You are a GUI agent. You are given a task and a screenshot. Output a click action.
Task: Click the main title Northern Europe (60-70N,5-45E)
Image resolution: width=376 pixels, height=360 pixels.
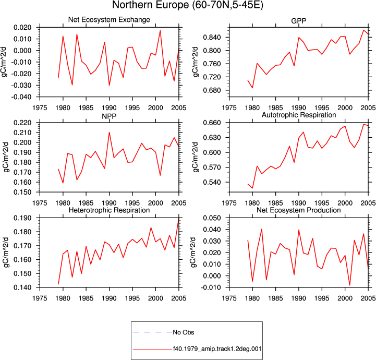click(188, 5)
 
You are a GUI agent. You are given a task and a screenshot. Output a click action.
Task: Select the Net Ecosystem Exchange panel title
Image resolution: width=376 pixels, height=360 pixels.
click(109, 20)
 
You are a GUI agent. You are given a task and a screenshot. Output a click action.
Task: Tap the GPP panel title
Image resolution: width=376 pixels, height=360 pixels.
click(298, 21)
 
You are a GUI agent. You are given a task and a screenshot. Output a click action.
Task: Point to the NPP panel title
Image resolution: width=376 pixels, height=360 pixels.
click(109, 116)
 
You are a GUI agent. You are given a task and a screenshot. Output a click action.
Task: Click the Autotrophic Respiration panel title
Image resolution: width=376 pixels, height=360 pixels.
click(299, 115)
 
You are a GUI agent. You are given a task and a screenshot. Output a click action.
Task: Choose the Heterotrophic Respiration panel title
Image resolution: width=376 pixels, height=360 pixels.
click(109, 210)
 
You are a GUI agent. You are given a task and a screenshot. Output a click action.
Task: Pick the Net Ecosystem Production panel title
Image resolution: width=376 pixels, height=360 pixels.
click(299, 210)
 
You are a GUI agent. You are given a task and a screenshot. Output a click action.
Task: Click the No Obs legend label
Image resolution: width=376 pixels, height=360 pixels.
click(184, 332)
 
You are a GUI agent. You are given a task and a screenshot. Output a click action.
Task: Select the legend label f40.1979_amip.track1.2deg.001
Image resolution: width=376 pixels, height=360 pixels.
click(217, 349)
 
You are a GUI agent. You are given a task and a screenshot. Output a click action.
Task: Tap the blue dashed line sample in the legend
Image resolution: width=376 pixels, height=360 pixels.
click(152, 332)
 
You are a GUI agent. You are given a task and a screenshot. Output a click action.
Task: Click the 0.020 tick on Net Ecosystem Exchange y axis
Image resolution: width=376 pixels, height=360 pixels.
click(22, 27)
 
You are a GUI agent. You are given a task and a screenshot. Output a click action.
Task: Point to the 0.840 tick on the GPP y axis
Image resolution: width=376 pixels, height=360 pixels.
click(212, 37)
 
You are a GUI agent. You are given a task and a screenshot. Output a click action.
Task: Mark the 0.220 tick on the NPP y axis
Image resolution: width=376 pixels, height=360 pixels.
click(22, 123)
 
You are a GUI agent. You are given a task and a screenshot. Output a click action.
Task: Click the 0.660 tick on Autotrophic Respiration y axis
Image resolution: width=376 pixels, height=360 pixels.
click(212, 123)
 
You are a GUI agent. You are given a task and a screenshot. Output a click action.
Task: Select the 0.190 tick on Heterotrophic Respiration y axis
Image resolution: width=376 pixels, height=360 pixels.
click(22, 218)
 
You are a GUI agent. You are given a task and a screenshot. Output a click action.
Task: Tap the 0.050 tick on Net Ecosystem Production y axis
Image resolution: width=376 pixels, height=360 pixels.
click(212, 218)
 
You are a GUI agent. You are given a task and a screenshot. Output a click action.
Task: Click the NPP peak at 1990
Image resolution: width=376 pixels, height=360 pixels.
click(110, 132)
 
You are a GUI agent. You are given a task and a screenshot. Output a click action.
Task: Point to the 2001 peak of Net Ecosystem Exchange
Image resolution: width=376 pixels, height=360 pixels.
click(160, 30)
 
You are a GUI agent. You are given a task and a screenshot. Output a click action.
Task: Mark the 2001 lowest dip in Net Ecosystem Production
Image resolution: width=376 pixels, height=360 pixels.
click(349, 285)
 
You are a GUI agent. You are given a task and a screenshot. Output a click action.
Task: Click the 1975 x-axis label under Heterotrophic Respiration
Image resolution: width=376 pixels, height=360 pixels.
click(40, 298)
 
